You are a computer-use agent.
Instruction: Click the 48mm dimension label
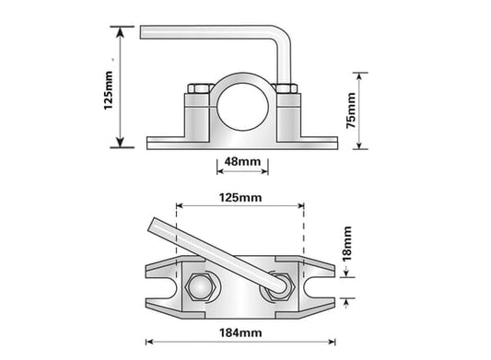[242, 161]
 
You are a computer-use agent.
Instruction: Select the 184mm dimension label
[240, 332]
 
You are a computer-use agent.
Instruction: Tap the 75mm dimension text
[351, 110]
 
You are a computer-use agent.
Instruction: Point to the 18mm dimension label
[347, 244]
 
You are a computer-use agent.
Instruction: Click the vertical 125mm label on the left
[108, 90]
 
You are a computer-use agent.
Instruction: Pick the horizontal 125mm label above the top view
[240, 198]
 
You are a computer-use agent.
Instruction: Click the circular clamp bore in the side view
[243, 107]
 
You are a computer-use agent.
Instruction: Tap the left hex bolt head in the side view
[199, 88]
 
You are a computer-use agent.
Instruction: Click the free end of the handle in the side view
[142, 32]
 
